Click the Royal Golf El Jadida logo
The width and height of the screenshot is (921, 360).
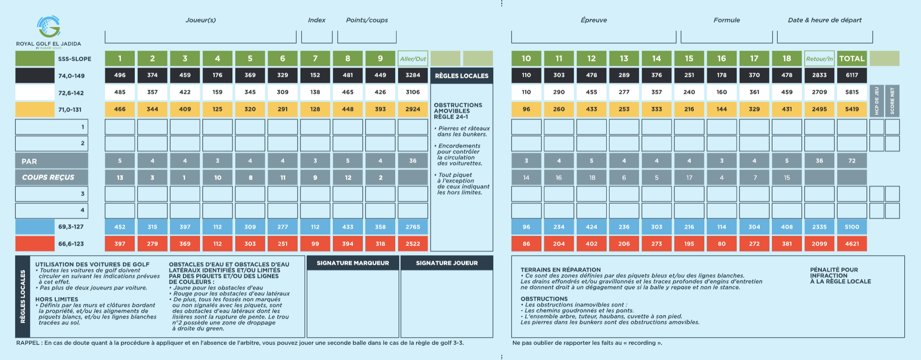(x=49, y=31)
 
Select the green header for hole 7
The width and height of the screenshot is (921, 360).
(x=315, y=59)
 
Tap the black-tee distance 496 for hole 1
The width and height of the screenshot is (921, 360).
(x=120, y=75)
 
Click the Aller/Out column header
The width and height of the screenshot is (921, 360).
(x=413, y=59)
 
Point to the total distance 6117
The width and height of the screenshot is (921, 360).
(x=852, y=75)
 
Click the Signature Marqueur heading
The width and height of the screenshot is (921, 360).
(x=353, y=263)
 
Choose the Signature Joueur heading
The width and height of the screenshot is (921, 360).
(x=447, y=263)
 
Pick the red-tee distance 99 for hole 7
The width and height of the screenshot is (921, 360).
(x=315, y=244)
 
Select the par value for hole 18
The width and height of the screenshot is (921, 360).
(x=787, y=161)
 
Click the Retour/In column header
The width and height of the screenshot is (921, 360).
(x=820, y=59)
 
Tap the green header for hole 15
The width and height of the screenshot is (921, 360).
(x=689, y=59)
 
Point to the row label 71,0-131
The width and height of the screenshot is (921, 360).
(x=70, y=110)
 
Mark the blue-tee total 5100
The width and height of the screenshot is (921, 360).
(x=852, y=227)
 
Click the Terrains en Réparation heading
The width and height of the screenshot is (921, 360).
(x=561, y=270)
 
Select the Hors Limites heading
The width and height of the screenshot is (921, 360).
(x=57, y=300)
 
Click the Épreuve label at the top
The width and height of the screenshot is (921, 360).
(x=594, y=20)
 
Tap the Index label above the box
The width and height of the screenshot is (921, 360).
(x=317, y=20)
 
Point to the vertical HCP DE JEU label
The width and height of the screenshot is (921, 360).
(x=877, y=100)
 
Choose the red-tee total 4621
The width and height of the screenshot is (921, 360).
(x=852, y=244)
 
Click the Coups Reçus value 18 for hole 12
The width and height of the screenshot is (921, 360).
(x=592, y=178)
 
